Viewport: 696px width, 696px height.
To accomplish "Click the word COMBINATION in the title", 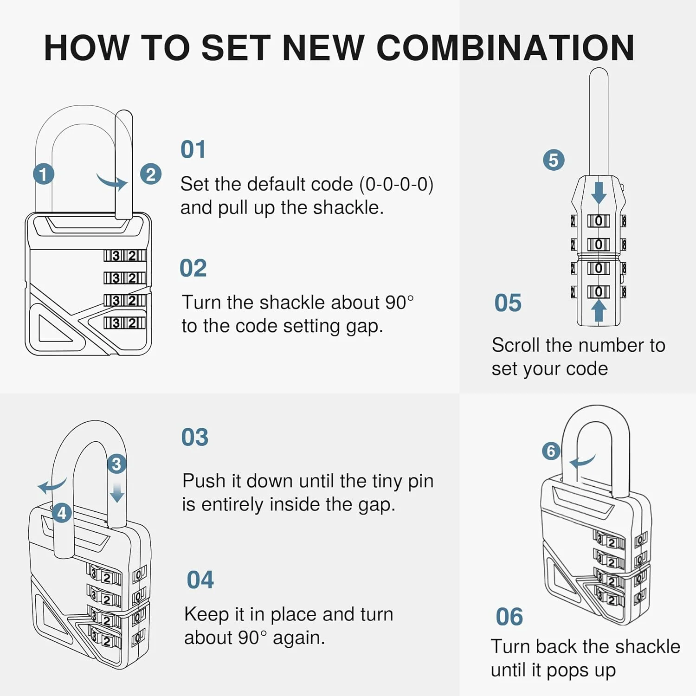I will pos(505,48).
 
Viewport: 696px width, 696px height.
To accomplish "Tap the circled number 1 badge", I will pos(44,174).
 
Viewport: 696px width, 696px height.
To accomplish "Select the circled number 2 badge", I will pos(151,174).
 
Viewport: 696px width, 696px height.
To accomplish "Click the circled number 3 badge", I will pos(116,464).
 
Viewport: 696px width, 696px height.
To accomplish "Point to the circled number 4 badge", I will pos(62,513).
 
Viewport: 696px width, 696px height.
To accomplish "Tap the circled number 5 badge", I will pos(554,160).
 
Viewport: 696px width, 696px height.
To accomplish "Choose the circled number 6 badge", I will pos(551,451).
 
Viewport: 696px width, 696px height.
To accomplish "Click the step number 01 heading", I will pos(193,149).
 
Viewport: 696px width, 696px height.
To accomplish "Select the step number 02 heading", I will pos(193,268).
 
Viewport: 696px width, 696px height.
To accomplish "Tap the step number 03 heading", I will pos(195,438).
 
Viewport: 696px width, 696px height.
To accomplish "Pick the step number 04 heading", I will pos(200,580).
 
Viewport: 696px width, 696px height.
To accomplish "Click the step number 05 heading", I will pos(508,303).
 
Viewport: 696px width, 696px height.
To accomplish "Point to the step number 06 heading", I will pos(509,617).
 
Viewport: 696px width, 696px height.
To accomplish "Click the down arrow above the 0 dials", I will pos(599,193).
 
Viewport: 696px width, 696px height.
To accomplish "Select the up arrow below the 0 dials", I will pos(599,310).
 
